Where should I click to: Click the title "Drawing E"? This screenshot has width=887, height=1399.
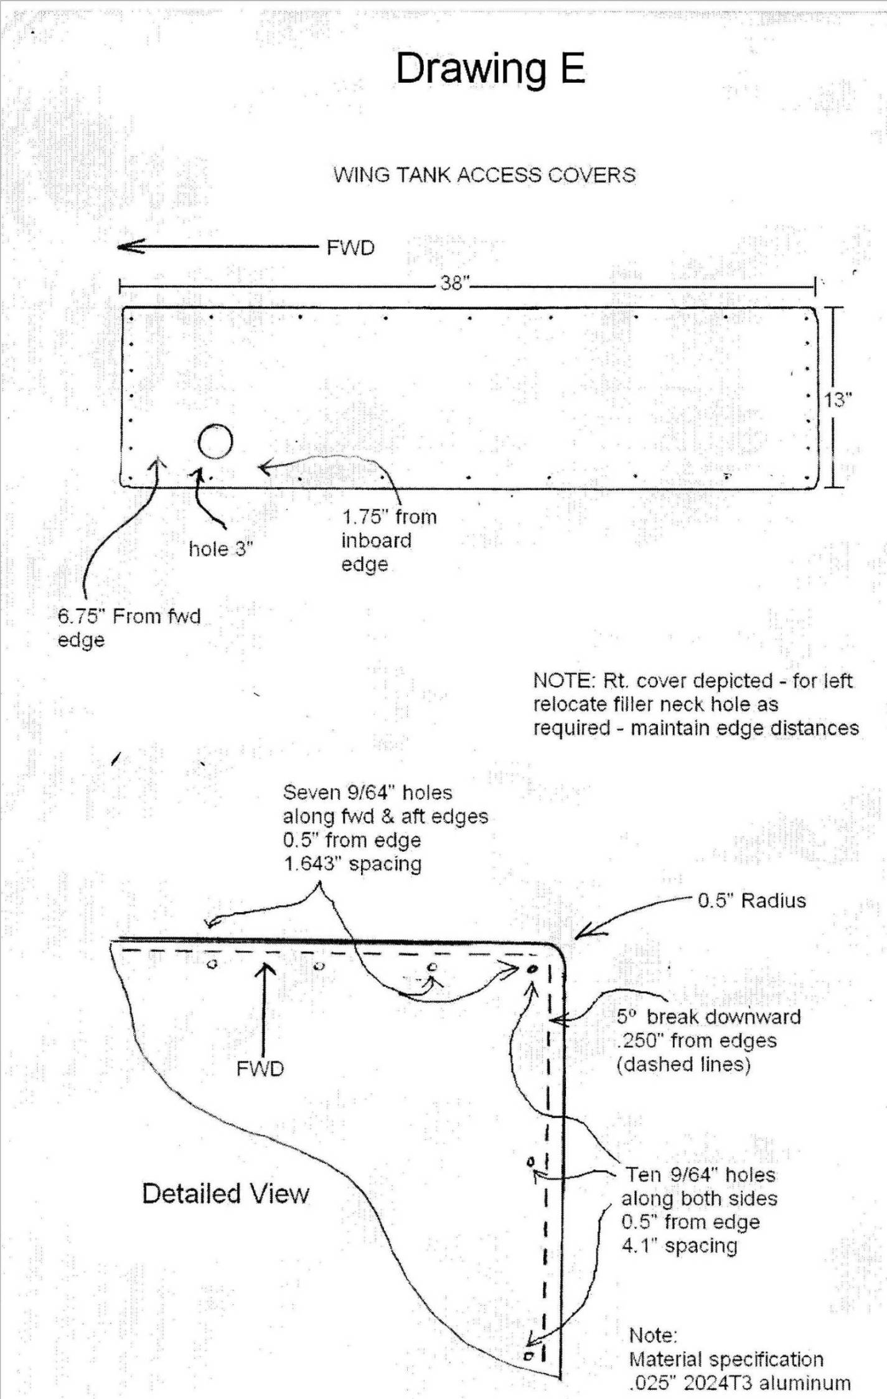[x=490, y=68]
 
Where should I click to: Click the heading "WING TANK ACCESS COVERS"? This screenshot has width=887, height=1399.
[x=484, y=175]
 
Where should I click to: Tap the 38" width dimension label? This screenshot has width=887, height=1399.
[x=454, y=283]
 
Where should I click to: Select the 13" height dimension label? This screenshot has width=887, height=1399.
[x=838, y=400]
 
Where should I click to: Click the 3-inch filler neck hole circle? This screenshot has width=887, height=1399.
[x=215, y=441]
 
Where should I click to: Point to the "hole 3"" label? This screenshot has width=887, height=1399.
[x=221, y=549]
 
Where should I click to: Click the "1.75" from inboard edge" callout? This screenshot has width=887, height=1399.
[x=388, y=540]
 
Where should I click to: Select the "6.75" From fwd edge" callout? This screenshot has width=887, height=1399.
[x=129, y=628]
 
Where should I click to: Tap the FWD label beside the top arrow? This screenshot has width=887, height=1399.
[x=350, y=248]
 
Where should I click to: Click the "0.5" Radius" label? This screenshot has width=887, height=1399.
[x=751, y=901]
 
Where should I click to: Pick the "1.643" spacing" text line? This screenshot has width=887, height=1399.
[x=352, y=864]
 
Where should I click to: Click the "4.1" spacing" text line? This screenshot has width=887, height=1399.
[x=679, y=1246]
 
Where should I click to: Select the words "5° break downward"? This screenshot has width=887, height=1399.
[x=708, y=1017]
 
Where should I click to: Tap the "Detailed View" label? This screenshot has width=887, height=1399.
[x=225, y=1194]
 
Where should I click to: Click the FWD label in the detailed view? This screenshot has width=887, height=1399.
[x=260, y=1068]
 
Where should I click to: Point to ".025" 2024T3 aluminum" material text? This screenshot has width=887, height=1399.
[x=739, y=1383]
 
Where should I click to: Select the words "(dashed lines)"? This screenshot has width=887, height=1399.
[x=683, y=1064]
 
